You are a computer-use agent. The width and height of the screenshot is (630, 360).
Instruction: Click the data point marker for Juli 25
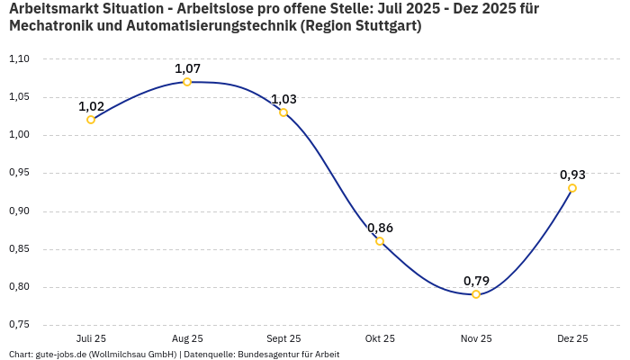point(91,120)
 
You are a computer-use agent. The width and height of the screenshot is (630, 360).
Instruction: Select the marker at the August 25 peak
point(187,82)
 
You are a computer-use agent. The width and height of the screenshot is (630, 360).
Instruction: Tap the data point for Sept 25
point(283,112)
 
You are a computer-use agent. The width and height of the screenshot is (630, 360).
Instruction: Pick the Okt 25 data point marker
point(380,241)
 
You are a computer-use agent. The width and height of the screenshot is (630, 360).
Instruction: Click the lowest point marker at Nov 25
point(476,294)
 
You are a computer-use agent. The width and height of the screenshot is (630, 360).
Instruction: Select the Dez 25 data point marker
point(572,188)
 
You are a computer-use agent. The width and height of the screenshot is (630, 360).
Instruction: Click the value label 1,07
point(187,68)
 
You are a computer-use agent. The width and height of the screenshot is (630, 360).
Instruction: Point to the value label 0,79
point(476,281)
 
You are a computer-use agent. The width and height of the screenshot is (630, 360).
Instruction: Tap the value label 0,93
point(572,175)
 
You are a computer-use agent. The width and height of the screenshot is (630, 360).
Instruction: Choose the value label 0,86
point(380,228)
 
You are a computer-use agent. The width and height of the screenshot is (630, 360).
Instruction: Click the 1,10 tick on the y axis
point(19,59)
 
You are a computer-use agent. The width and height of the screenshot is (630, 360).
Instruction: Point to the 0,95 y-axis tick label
point(19,173)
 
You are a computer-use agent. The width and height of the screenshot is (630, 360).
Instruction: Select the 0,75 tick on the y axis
point(19,325)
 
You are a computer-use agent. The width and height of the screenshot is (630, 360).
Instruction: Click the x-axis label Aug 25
point(187,339)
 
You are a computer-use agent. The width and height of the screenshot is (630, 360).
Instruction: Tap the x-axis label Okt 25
point(380,339)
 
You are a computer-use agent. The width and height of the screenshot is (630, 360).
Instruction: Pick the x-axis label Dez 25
point(572,339)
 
